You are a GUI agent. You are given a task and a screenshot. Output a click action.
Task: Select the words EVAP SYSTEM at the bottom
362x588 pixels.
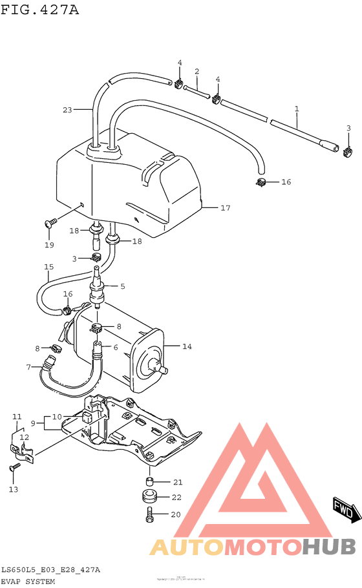[28, 582]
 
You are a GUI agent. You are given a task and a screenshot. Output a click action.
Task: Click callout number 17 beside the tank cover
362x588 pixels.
[225, 208]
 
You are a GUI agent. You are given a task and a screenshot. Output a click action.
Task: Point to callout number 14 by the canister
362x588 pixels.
[187, 347]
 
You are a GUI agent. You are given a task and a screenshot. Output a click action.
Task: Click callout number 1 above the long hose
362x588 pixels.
[297, 109]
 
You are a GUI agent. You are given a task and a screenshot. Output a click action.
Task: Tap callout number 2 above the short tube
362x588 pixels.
[197, 71]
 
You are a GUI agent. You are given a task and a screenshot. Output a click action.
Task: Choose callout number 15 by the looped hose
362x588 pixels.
[48, 268]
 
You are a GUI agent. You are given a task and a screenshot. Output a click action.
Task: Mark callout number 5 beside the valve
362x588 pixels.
[122, 286]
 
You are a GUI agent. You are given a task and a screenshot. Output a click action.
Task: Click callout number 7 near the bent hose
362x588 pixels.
[28, 368]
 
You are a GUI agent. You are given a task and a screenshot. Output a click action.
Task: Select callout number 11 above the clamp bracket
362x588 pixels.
[17, 417]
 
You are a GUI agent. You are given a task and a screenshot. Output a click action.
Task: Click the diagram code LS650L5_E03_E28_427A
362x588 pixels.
[50, 570]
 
